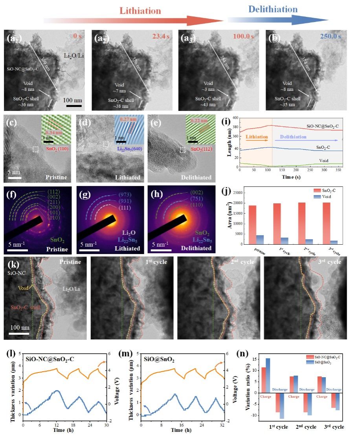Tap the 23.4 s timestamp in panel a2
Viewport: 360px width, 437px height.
pos(157,37)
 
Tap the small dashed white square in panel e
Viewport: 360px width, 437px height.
pos(182,150)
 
